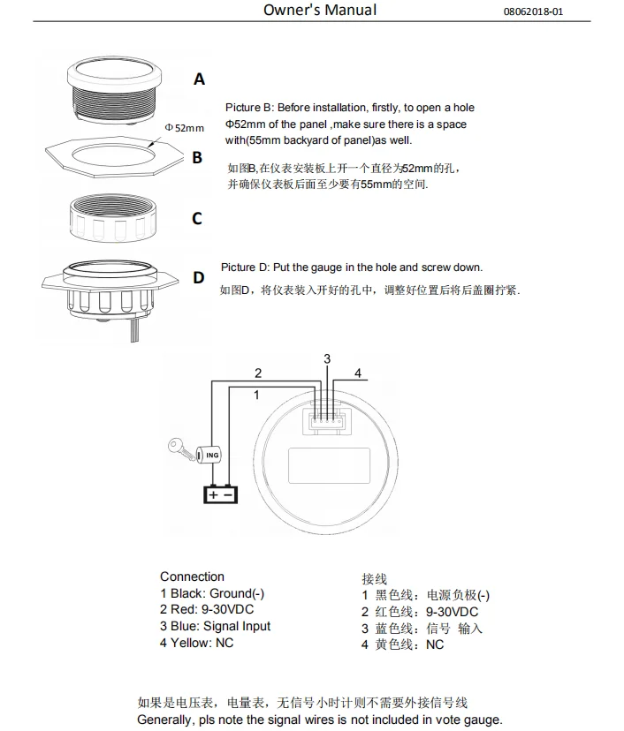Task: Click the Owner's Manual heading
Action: click(319, 11)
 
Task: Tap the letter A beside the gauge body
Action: click(199, 79)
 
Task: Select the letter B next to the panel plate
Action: click(197, 158)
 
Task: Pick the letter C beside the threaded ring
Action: click(197, 219)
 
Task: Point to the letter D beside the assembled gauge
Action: click(198, 278)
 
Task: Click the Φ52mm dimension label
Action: click(184, 129)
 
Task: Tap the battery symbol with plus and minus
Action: click(221, 495)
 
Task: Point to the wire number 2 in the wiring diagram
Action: click(258, 373)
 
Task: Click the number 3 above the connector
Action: click(327, 358)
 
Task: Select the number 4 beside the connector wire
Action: click(358, 373)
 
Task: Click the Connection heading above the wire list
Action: click(192, 577)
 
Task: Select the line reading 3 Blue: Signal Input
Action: click(215, 626)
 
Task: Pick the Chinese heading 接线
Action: click(374, 579)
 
